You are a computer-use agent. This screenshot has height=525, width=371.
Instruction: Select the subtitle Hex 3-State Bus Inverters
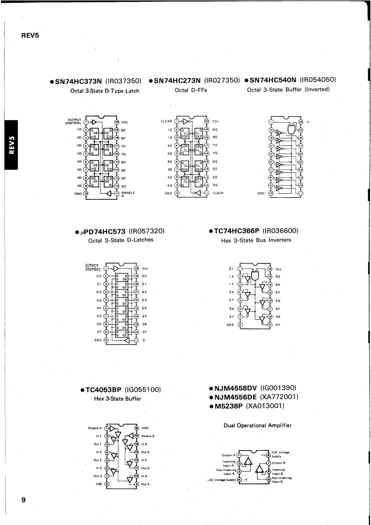coord(255,241)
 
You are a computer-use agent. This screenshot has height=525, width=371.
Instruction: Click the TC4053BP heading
coord(105,389)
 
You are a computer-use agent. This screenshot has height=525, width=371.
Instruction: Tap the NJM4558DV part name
coord(235,388)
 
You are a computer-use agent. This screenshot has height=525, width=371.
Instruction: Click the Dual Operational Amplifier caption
coord(257,425)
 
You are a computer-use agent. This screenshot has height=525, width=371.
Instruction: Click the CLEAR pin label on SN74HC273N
coord(166,121)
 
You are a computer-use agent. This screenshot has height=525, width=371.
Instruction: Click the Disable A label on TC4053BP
coord(95,428)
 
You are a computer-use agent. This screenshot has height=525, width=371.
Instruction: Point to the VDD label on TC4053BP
coord(145,428)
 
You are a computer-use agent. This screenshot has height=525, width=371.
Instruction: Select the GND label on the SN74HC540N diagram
coord(261,193)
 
